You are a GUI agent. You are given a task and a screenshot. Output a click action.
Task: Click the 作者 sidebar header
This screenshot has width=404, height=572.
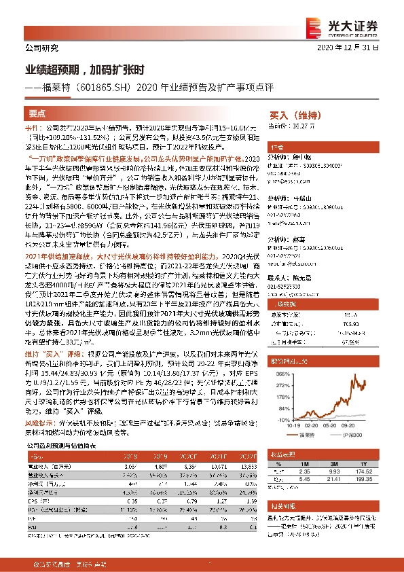click(277, 147)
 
